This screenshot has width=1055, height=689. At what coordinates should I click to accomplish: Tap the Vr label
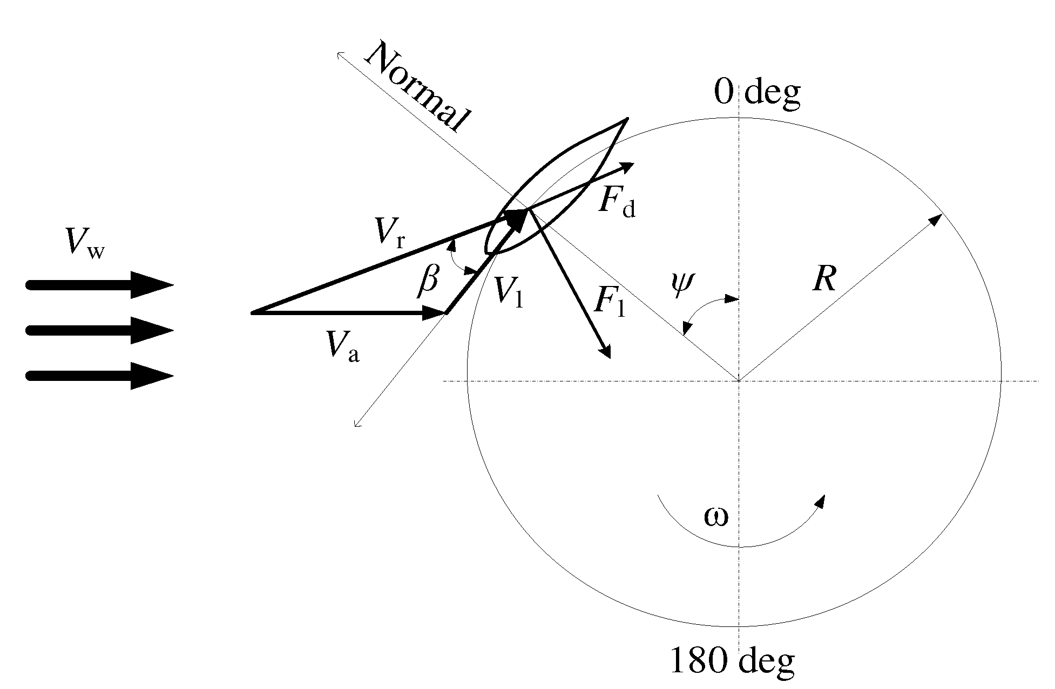(x=390, y=234)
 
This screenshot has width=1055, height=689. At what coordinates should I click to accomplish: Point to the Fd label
(x=617, y=202)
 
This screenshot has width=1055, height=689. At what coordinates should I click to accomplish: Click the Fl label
(x=608, y=301)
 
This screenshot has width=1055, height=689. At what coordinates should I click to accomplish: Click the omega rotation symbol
(x=716, y=517)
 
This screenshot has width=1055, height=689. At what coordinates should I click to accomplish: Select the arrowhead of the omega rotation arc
(x=820, y=501)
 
